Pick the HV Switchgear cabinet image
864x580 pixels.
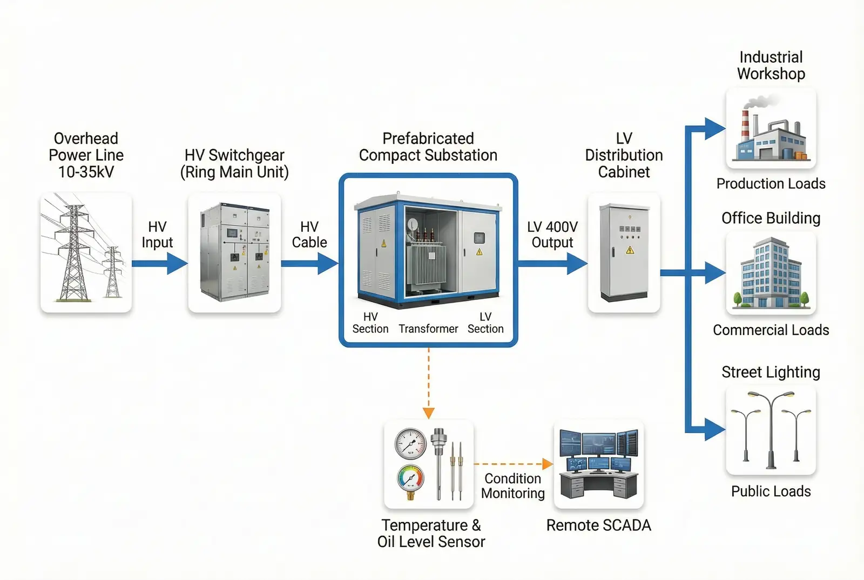(234, 252)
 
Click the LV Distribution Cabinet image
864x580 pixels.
(624, 252)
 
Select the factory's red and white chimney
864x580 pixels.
(745, 127)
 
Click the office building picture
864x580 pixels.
(771, 274)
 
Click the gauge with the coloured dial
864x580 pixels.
(411, 480)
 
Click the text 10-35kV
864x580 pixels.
(86, 172)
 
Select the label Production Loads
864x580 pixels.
(771, 184)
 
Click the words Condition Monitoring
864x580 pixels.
(512, 486)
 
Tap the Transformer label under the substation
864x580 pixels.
(428, 329)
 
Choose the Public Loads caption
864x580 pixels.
(771, 491)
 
